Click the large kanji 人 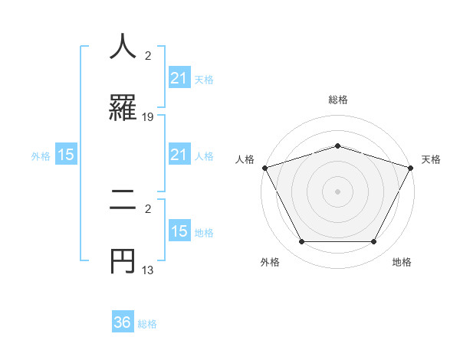tap(123, 47)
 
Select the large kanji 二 tap(123, 201)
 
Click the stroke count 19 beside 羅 tap(149, 117)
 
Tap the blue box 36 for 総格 tap(123, 322)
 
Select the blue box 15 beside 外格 tap(66, 155)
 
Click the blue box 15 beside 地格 tap(179, 231)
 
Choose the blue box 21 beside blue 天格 tap(179, 78)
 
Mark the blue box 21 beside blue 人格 tap(179, 155)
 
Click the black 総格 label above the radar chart tap(337, 100)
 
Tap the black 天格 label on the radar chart tap(431, 159)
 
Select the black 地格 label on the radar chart tap(402, 262)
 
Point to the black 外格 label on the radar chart tap(271, 262)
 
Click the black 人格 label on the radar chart tap(245, 159)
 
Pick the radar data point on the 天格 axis tap(411, 168)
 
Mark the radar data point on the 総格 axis tap(337, 146)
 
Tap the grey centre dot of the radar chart tap(337, 191)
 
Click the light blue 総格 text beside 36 tap(147, 324)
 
